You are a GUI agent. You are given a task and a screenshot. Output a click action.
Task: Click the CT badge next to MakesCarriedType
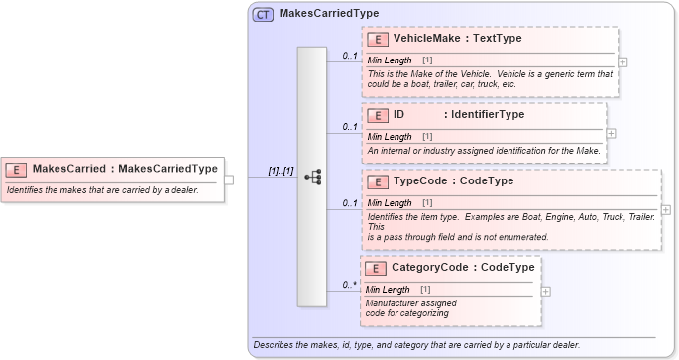[x=264, y=15]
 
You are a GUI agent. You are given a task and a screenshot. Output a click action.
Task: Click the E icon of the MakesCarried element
[x=18, y=169]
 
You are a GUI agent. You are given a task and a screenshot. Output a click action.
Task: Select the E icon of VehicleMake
[x=377, y=39]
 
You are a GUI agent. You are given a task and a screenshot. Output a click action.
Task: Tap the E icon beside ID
[x=377, y=115]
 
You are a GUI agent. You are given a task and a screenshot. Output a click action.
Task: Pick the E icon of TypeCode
[x=377, y=182]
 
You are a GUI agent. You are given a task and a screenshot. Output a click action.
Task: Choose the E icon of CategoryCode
[x=377, y=268]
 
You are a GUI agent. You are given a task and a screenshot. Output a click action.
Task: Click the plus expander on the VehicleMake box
[x=622, y=61]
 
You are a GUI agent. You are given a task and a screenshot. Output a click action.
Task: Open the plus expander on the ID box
[x=611, y=133]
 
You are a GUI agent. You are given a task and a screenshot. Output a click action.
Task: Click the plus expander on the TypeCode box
[x=665, y=210]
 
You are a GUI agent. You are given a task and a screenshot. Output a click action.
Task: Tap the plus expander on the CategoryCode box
[x=546, y=292]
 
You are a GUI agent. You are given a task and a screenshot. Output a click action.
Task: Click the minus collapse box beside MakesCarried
[x=229, y=180]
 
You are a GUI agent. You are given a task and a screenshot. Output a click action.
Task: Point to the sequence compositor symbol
[x=312, y=178]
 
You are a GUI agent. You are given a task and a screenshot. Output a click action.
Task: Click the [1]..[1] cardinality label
[x=281, y=171]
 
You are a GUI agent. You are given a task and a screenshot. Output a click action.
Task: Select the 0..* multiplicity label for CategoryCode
[x=349, y=285]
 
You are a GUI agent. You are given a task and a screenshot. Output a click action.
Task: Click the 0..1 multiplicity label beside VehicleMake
[x=349, y=56]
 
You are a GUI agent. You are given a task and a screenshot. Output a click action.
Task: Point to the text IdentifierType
[x=484, y=115]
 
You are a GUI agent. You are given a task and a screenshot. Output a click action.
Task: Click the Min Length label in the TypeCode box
[x=390, y=203]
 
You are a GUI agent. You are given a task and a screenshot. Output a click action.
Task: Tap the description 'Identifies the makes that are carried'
[x=103, y=190]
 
